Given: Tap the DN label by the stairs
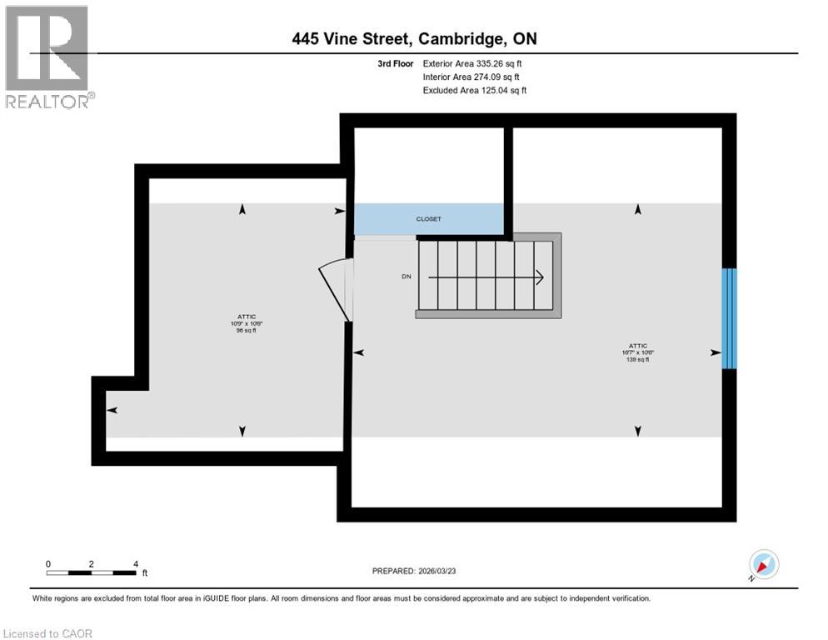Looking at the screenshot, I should (x=406, y=277).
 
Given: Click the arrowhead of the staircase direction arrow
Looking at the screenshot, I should (x=540, y=277).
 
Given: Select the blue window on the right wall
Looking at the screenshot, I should (x=729, y=317).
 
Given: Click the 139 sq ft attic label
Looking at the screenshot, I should (x=638, y=352).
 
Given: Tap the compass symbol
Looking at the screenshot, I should (x=763, y=565).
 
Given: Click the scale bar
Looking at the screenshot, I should (x=92, y=572).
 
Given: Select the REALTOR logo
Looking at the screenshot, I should (x=48, y=57).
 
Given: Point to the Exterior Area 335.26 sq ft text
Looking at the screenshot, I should (x=472, y=63).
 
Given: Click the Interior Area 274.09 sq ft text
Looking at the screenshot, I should (x=471, y=77).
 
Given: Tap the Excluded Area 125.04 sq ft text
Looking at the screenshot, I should (x=475, y=90).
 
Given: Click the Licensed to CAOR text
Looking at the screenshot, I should (x=48, y=633).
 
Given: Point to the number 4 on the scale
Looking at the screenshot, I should (x=135, y=563).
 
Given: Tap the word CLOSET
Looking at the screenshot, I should (x=429, y=219).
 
